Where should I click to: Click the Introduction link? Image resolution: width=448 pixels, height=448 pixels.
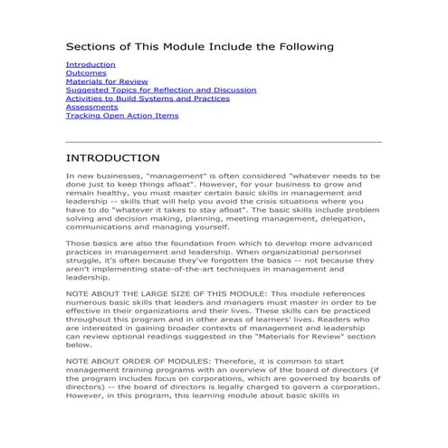[x=91, y=65]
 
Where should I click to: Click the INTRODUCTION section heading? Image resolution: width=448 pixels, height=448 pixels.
[x=113, y=157]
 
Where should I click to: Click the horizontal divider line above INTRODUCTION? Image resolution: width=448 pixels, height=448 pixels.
[x=224, y=141]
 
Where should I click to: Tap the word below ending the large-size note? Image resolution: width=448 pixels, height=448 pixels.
[x=79, y=345]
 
